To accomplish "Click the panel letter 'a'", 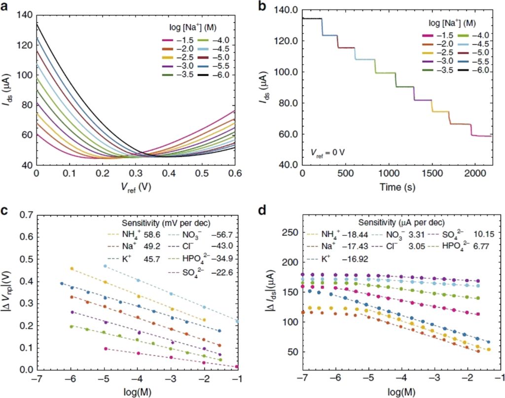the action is click(x=4, y=6).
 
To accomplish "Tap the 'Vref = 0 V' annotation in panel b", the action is click(x=327, y=152).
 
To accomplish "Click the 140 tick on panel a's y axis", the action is click(x=26, y=15).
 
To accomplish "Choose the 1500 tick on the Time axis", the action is click(x=432, y=173).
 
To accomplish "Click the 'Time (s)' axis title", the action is click(x=397, y=187).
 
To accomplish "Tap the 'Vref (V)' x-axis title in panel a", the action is click(x=136, y=188).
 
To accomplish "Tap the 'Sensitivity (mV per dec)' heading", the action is click(x=166, y=223).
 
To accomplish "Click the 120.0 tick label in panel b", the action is click(x=286, y=41).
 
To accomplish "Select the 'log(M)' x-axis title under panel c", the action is click(x=137, y=392).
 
